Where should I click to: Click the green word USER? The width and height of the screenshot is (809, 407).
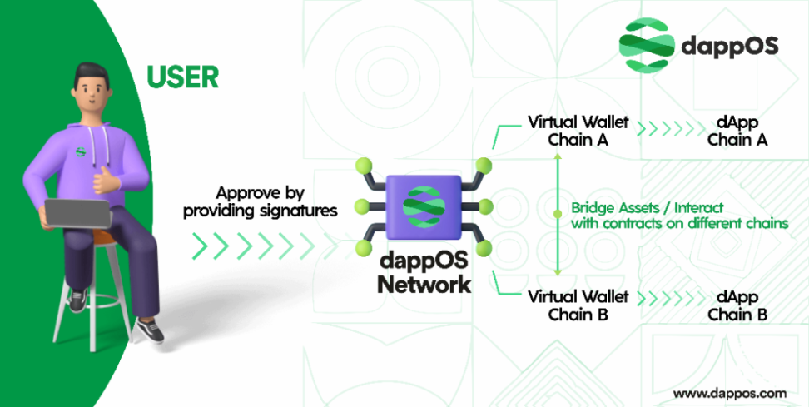click(182, 77)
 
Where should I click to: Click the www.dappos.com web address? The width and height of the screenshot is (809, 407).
click(729, 392)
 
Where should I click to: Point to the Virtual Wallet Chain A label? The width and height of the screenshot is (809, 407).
click(578, 131)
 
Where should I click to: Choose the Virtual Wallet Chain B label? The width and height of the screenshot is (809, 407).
click(578, 305)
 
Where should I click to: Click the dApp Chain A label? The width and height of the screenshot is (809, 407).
click(737, 131)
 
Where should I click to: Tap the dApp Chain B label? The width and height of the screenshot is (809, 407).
click(737, 305)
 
